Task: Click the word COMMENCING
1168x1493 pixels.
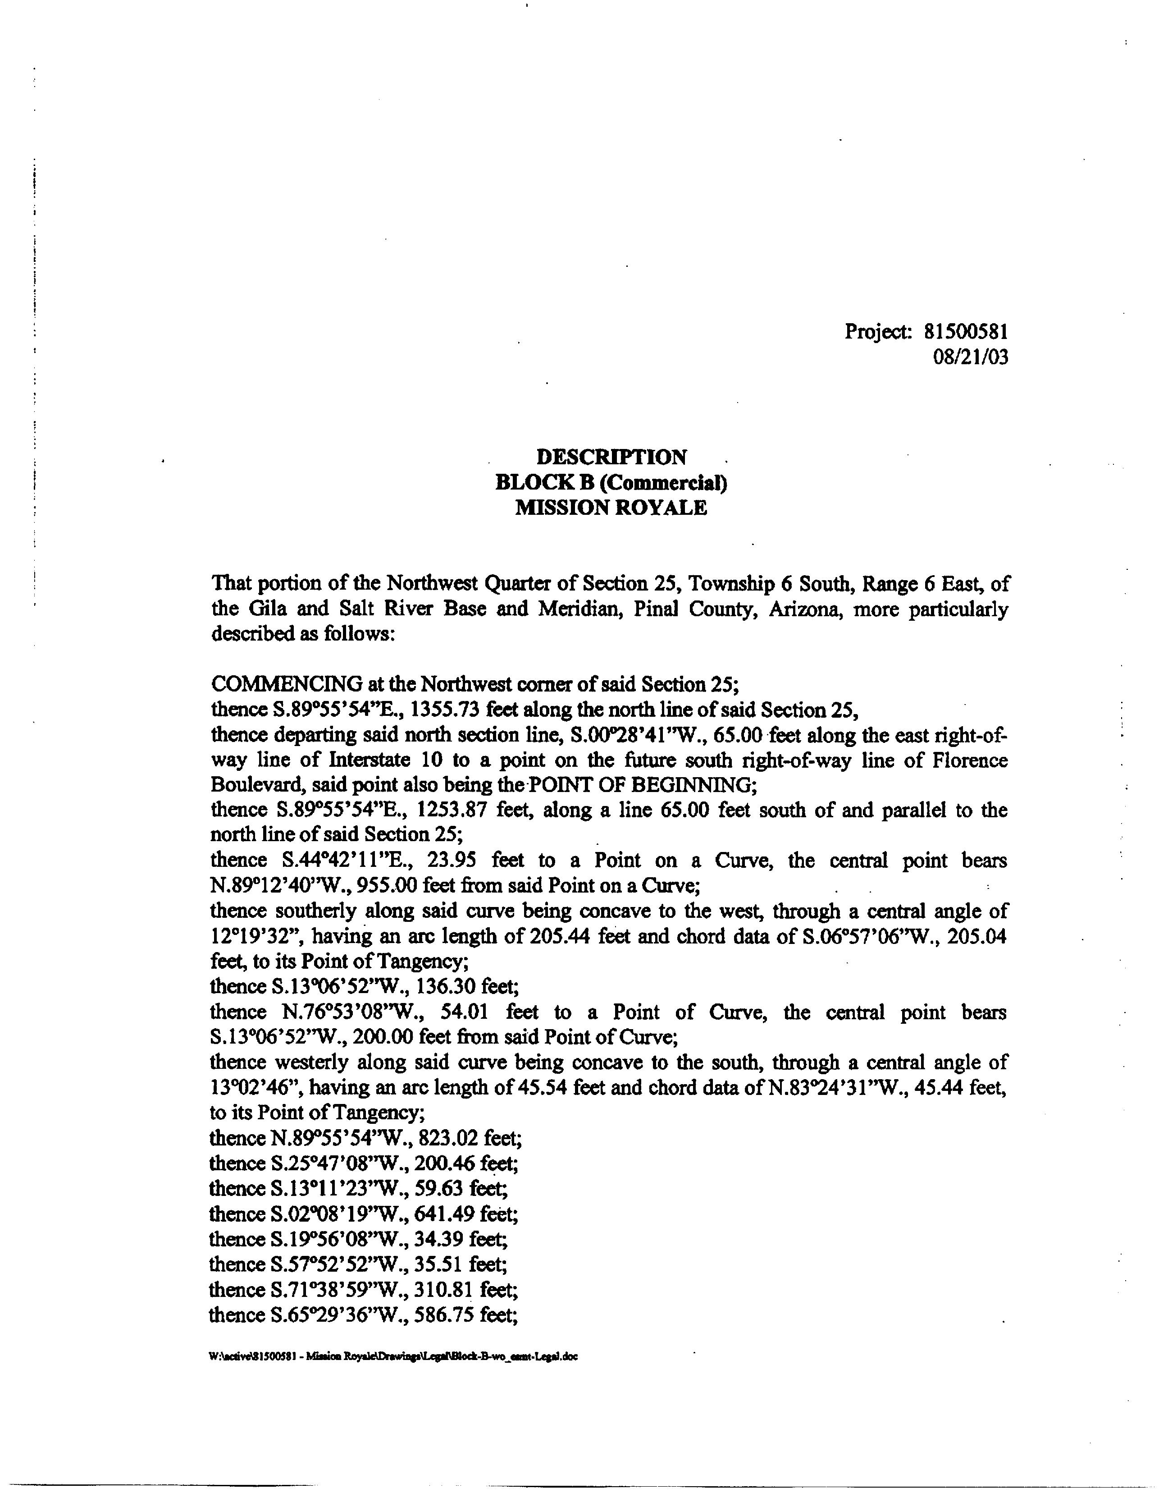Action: click(287, 684)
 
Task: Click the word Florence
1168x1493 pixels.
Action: click(970, 760)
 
